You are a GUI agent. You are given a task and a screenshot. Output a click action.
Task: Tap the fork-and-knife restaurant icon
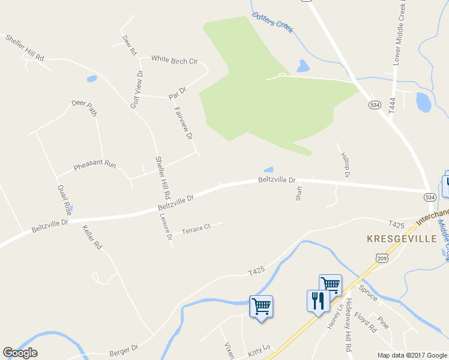point(318,301)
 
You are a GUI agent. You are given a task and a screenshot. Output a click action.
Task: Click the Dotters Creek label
point(273,22)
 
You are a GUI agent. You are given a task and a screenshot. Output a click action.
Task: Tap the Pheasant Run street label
point(94,164)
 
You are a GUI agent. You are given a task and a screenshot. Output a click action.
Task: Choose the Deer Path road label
point(84,107)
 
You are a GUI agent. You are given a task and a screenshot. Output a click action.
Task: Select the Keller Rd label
point(93,238)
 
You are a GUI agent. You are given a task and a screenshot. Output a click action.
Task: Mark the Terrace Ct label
point(196,229)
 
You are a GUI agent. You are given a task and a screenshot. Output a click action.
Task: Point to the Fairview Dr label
point(183,123)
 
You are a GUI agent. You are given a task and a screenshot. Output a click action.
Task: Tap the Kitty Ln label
point(259,349)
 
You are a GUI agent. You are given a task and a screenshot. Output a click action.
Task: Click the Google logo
point(20,353)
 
